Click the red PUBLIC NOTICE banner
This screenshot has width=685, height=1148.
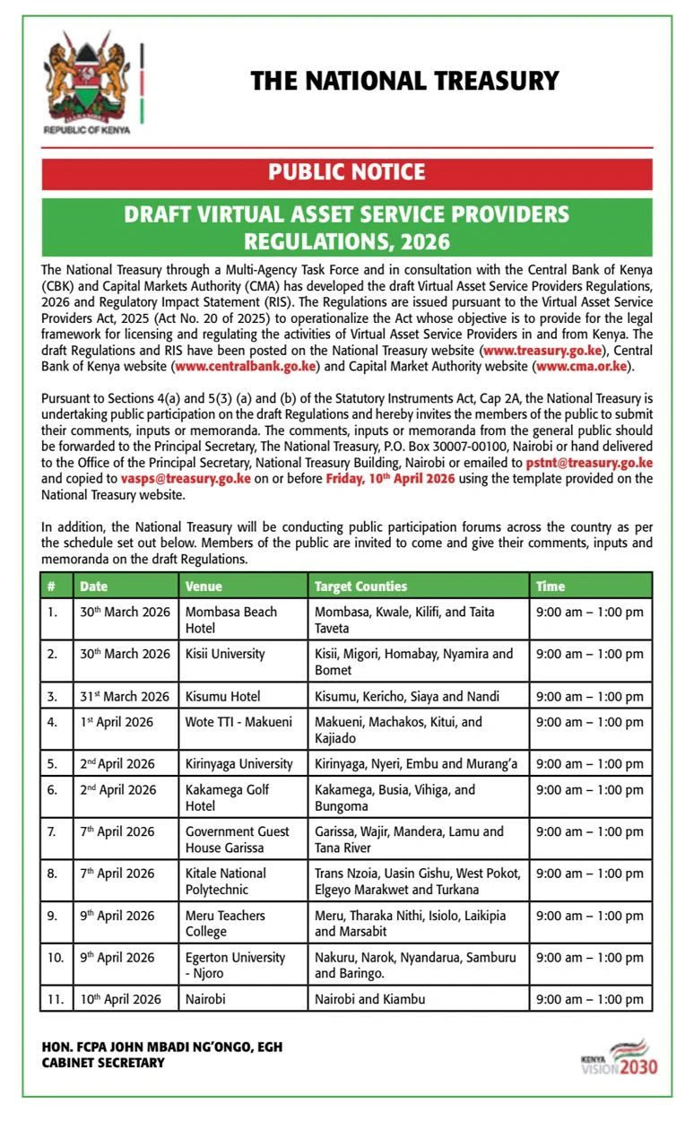346,172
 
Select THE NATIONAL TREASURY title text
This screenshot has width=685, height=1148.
404,81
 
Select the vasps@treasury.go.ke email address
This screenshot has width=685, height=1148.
186,479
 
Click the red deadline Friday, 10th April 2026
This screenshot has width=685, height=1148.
390,479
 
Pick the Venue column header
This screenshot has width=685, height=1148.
204,586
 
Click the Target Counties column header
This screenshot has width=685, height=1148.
360,586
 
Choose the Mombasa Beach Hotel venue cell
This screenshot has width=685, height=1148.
231,620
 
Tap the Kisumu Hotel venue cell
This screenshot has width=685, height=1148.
222,696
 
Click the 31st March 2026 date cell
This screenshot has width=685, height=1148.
124,696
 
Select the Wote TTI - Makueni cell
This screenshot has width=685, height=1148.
238,721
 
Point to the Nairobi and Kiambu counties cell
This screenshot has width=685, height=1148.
369,998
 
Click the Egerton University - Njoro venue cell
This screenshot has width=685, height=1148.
235,965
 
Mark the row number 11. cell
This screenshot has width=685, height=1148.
56,998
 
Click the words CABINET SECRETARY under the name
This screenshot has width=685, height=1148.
103,1063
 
